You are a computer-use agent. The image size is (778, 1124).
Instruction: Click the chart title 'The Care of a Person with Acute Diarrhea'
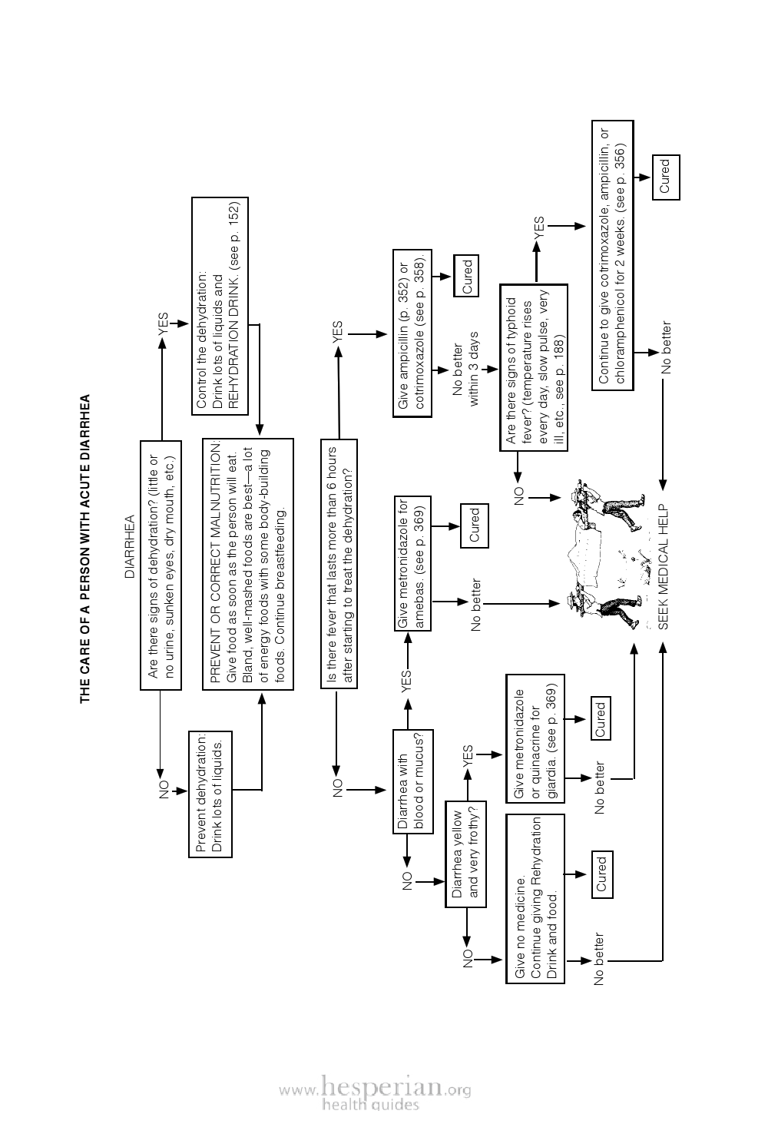85,549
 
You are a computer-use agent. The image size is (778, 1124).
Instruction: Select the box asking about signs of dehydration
161,565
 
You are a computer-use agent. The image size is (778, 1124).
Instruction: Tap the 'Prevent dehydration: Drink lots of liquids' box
210,794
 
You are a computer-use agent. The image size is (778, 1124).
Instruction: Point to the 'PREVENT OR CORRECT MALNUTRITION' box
247,564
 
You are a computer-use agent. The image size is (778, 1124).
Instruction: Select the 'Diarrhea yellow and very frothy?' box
465,854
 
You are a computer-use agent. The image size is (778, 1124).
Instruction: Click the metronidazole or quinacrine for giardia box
535,738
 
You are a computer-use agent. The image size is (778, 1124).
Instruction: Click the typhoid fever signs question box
534,367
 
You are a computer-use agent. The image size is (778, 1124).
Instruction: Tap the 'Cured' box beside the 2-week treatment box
666,177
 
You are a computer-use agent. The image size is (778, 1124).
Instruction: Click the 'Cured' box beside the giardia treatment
601,718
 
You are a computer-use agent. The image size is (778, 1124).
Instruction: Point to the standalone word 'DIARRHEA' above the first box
129,546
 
